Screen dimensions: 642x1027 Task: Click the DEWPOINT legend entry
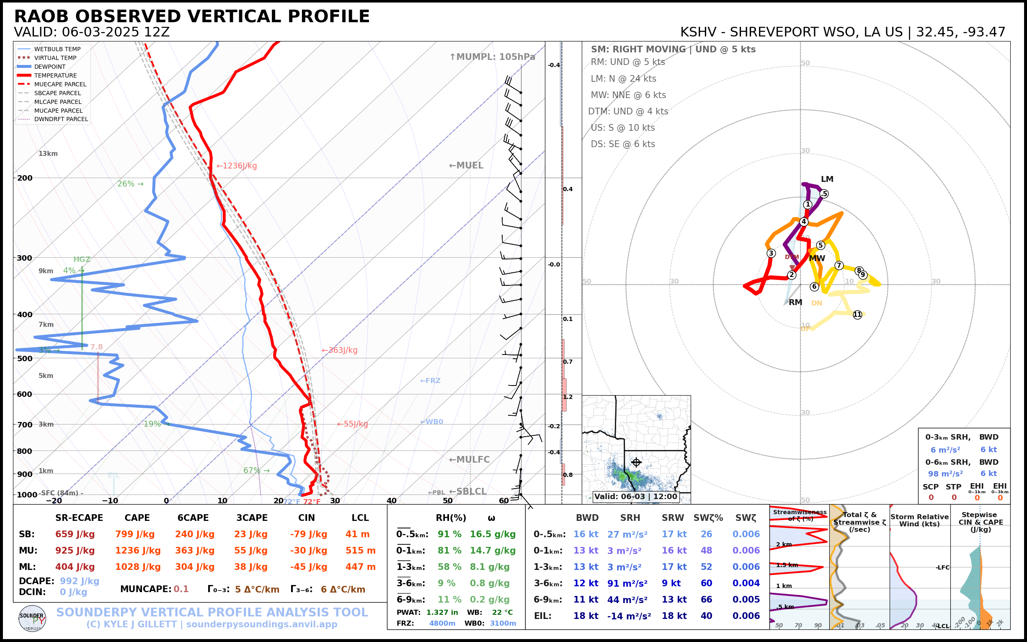pos(50,67)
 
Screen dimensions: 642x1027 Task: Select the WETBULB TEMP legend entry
pos(57,49)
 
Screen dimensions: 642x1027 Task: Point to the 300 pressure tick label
pos(25,258)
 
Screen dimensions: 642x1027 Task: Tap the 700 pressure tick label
pos(25,425)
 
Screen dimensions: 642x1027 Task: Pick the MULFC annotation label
pos(470,460)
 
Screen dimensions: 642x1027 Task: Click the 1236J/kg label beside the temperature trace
pos(237,166)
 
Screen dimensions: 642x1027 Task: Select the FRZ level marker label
pos(430,381)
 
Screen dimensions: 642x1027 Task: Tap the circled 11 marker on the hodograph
pos(857,315)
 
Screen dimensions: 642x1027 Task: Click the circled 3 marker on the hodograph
pos(771,254)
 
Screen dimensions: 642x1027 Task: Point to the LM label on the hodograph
pos(827,179)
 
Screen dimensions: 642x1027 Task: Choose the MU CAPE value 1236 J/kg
pos(138,551)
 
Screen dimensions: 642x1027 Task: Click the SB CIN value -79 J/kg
pos(309,534)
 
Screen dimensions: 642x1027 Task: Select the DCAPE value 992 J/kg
pos(79,581)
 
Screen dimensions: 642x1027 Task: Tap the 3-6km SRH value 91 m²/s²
pos(627,583)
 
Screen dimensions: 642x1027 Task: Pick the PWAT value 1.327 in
pos(442,612)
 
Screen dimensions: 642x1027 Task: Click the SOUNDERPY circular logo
pos(32,619)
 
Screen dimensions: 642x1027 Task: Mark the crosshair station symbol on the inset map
pos(636,462)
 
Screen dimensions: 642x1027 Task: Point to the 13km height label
pos(48,154)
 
